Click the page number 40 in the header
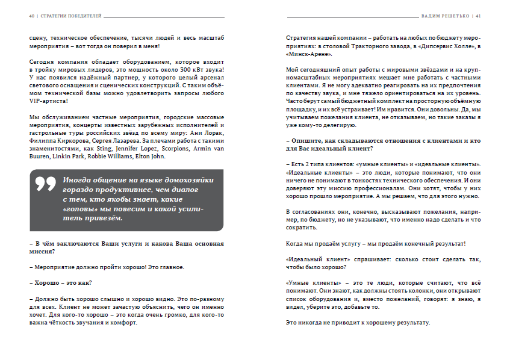click(31, 16)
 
